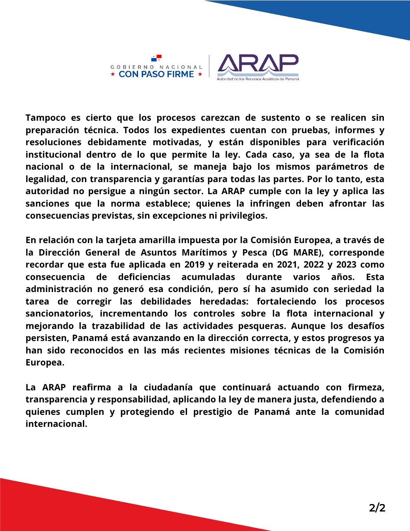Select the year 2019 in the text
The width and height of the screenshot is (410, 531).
click(194, 265)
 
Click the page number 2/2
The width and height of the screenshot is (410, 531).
click(377, 507)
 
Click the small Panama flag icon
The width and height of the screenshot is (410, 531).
click(157, 58)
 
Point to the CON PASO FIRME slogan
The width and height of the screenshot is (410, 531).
click(156, 74)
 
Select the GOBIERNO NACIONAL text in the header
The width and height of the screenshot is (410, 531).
click(156, 66)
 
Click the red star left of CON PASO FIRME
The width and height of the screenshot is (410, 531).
click(113, 74)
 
